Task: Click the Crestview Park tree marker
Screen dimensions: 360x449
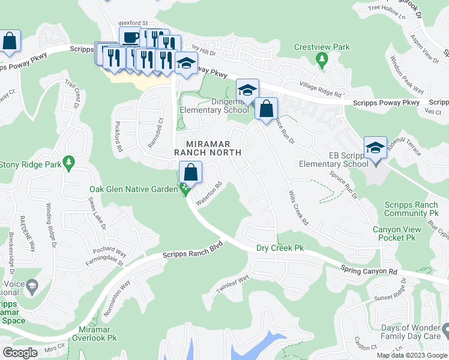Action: (322, 58)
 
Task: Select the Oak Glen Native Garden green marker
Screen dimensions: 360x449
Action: (185, 189)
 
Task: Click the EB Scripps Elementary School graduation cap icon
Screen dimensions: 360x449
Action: (375, 148)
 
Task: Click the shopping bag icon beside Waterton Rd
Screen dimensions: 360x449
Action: (190, 173)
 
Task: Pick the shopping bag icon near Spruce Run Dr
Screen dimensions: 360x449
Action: (266, 109)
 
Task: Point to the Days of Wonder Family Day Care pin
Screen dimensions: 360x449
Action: (445, 330)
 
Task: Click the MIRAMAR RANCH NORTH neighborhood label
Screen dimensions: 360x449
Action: (213, 148)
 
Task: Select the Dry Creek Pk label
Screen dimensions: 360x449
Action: (281, 247)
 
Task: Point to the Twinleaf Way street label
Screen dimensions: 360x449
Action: (232, 284)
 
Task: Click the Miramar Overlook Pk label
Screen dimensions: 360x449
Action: (97, 334)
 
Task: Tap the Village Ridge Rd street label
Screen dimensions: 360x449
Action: (321, 89)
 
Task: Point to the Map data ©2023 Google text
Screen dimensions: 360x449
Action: (411, 355)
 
